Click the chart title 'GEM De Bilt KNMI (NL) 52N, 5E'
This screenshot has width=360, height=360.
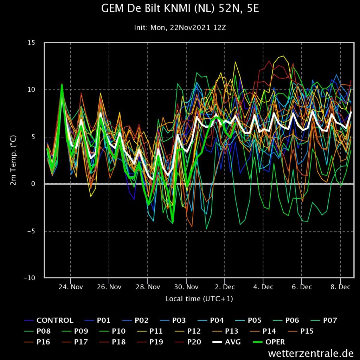[x=180, y=9]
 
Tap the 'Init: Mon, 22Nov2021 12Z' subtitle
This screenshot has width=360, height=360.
[x=180, y=28]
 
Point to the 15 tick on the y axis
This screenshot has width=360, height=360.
[x=31, y=43]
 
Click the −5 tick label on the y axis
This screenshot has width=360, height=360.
[x=31, y=231]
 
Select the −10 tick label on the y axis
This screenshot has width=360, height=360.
[x=30, y=278]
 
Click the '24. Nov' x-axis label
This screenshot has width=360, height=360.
[x=71, y=287]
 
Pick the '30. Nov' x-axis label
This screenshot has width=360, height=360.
[x=186, y=287]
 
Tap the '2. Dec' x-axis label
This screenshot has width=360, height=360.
[x=225, y=287]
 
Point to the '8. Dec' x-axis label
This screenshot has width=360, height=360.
[x=340, y=287]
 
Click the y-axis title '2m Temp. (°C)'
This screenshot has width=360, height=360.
[x=13, y=160]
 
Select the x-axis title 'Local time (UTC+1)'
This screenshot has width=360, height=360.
[x=199, y=299]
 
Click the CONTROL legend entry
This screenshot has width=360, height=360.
[x=49, y=320]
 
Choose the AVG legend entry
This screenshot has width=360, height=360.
[x=227, y=342]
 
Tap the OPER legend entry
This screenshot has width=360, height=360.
[x=269, y=342]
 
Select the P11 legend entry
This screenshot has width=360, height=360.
[x=150, y=331]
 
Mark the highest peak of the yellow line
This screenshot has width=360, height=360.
[x=284, y=56]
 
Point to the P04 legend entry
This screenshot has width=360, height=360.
[x=211, y=320]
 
